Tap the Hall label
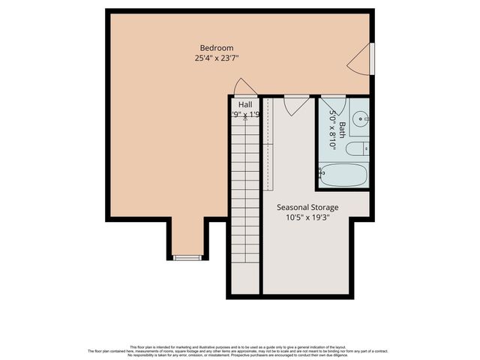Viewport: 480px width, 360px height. click(x=245, y=104)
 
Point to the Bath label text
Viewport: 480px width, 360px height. click(x=342, y=130)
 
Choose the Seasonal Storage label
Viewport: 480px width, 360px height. click(x=307, y=207)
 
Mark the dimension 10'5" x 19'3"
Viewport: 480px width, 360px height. click(x=307, y=218)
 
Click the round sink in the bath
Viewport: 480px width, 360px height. click(x=361, y=117)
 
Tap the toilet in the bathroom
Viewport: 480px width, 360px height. click(x=356, y=148)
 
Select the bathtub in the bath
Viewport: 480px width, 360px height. click(x=343, y=174)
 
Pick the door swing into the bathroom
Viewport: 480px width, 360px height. click(x=333, y=105)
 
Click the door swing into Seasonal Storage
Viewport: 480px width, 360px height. click(x=296, y=104)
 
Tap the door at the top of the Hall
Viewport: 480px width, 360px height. click(x=245, y=88)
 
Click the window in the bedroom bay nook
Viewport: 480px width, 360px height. click(x=187, y=257)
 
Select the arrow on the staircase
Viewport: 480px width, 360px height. click(x=245, y=118)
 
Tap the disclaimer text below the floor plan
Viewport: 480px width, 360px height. click(x=239, y=349)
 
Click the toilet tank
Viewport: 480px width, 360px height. click(x=366, y=148)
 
